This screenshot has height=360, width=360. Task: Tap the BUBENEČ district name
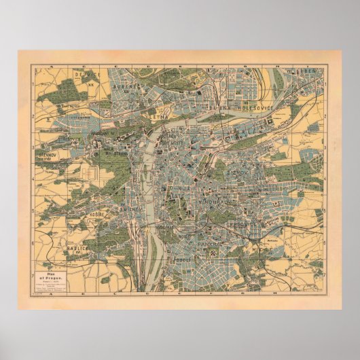[126, 88]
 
